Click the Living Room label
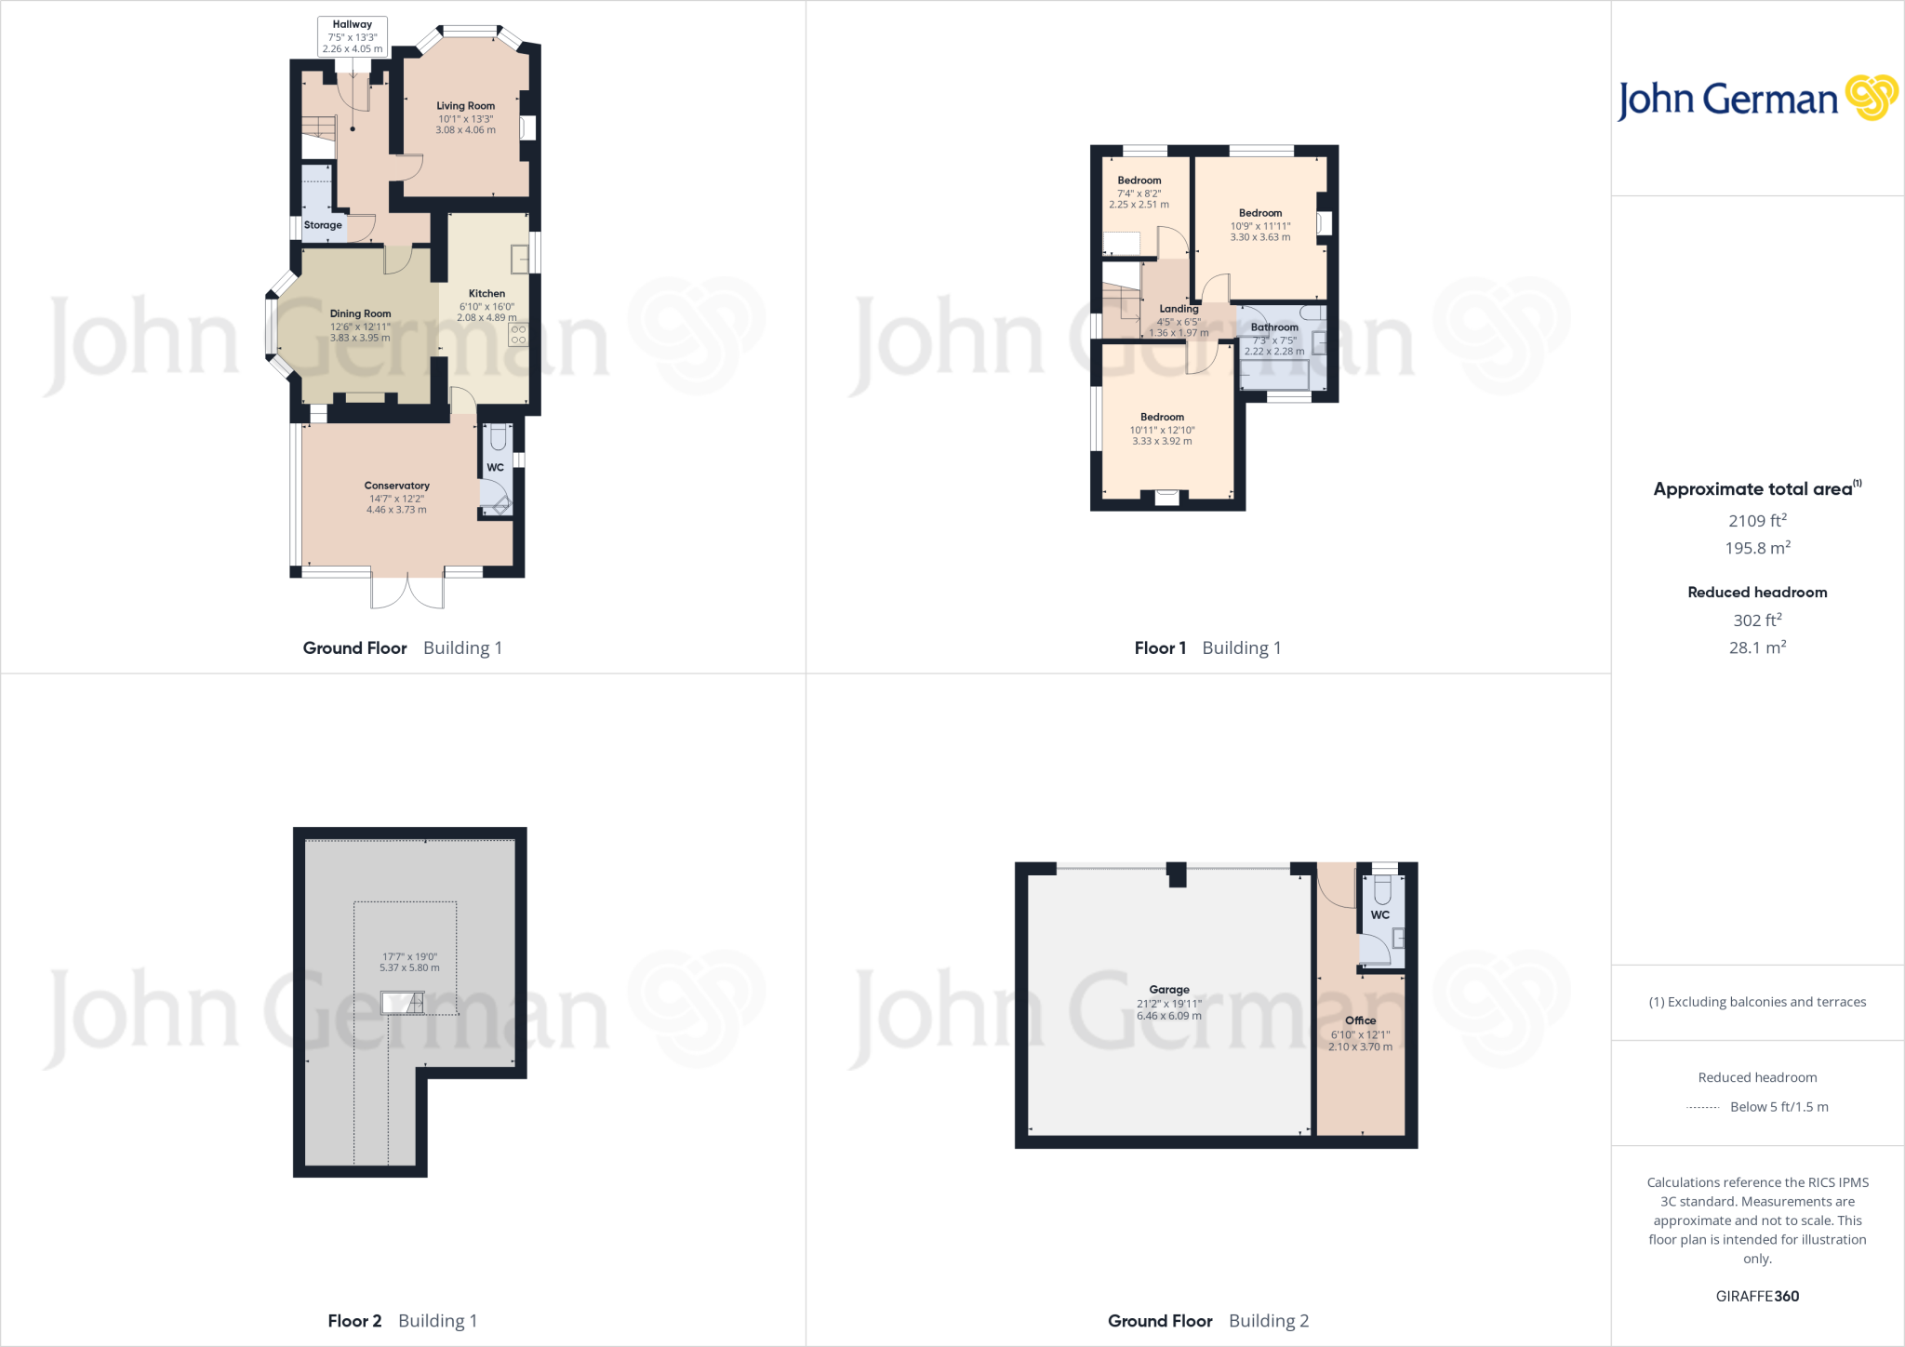click(x=465, y=106)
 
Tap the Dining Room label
click(x=360, y=313)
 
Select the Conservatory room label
click(x=396, y=486)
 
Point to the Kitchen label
click(x=486, y=293)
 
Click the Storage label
click(x=323, y=225)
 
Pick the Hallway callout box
click(x=353, y=36)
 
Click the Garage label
click(x=1169, y=990)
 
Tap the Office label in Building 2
click(x=1360, y=1020)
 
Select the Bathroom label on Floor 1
click(x=1274, y=327)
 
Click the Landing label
click(x=1179, y=309)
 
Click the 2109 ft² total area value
click(x=1757, y=521)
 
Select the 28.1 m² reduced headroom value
click(x=1757, y=647)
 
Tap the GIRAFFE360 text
click(x=1757, y=1296)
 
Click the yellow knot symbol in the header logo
click(x=1871, y=98)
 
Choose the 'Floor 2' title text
click(x=354, y=1321)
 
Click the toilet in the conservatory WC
click(x=498, y=437)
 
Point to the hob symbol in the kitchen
click(x=518, y=335)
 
